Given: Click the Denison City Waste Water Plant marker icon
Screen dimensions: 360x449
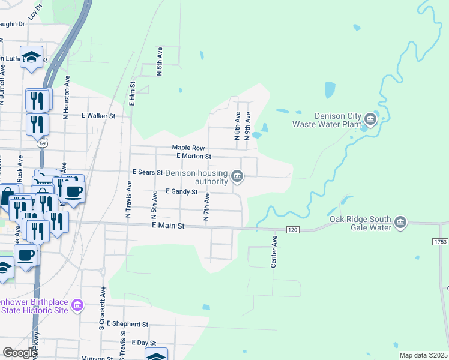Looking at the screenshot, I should [370, 120].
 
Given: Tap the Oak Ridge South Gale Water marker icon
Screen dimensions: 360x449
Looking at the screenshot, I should [400, 223].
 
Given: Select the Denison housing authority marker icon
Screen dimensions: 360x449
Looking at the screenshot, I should [238, 176].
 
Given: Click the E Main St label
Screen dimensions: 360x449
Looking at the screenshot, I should [169, 227].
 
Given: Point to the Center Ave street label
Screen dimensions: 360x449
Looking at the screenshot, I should [274, 251].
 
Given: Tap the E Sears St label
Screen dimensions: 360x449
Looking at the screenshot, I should [148, 172].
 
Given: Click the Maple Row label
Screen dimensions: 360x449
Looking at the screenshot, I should [188, 148].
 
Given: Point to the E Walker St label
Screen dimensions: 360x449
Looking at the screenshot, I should [98, 115].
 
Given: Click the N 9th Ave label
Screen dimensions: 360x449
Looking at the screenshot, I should [247, 126].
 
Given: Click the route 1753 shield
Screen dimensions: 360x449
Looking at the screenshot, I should [440, 241].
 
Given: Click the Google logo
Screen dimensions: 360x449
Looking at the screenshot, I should [20, 352].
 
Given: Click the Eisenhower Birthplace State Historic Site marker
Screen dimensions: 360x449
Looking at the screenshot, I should [77, 306].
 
